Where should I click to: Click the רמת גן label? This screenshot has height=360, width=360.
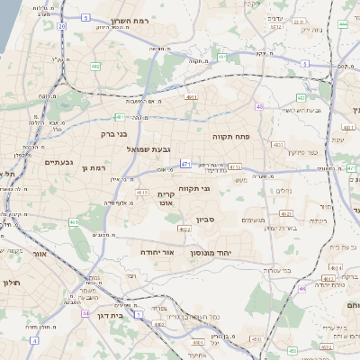coord(94,168)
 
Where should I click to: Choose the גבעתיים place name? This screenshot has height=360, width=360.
coord(58,162)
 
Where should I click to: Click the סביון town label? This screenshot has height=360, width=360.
coord(205,219)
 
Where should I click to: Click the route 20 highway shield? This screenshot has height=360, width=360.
coord(61,27)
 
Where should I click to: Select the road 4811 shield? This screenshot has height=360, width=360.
coord(192,96)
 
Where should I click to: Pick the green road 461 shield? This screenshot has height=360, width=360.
coord(74,221)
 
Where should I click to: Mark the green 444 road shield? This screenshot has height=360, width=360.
coord(302,289)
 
